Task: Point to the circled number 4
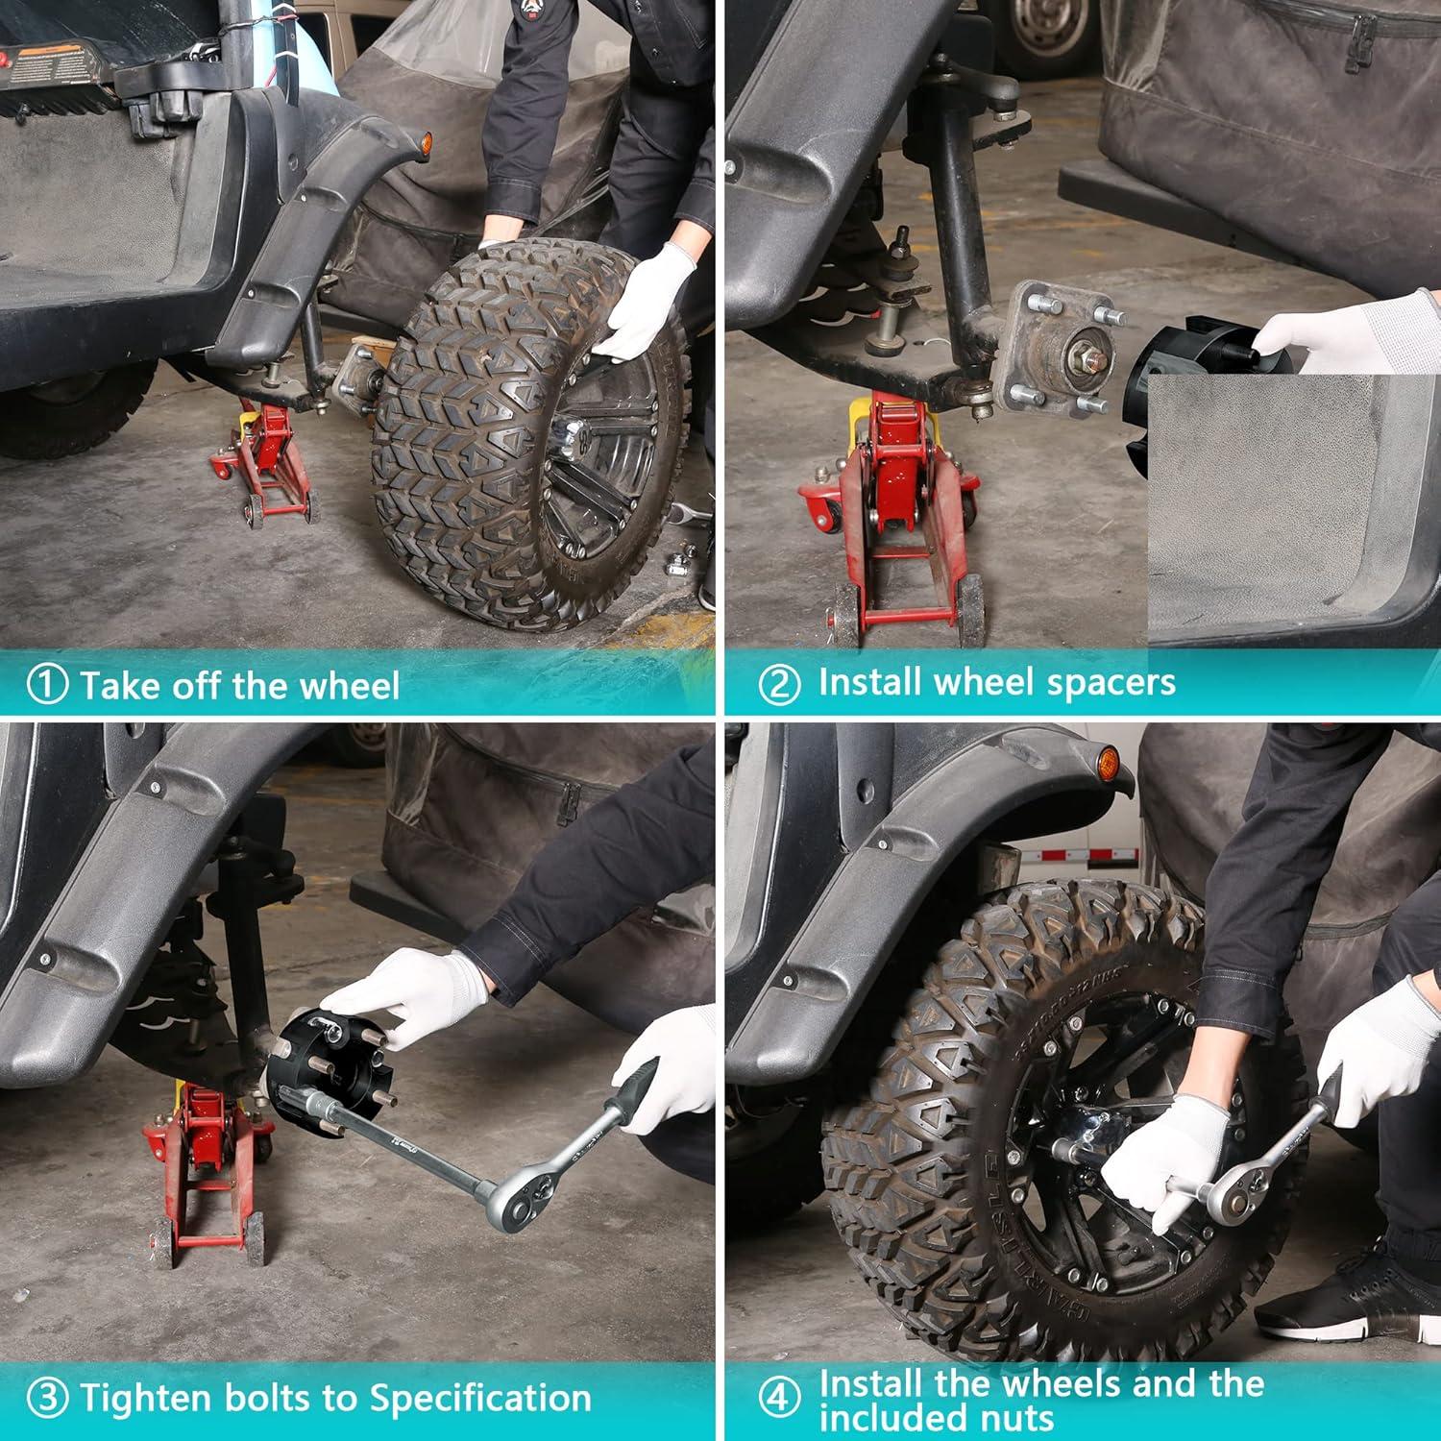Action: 779,1399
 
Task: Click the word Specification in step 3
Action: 480,1399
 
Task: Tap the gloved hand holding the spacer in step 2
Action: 1345,331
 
